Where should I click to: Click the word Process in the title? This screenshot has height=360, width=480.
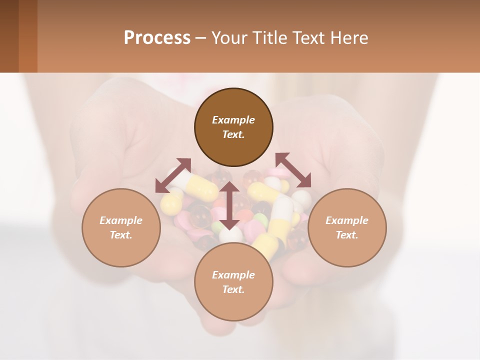pyautogui.click(x=157, y=37)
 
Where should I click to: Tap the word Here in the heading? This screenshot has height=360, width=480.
pyautogui.click(x=347, y=37)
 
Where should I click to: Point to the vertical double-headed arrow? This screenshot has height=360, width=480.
pyautogui.click(x=229, y=205)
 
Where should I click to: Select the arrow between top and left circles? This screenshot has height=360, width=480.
pyautogui.click(x=173, y=175)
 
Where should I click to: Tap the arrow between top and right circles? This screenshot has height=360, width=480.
pyautogui.click(x=293, y=170)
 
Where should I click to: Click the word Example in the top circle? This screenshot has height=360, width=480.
pyautogui.click(x=233, y=120)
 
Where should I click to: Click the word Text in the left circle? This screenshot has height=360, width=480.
pyautogui.click(x=121, y=235)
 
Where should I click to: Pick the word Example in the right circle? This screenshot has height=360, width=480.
pyautogui.click(x=347, y=220)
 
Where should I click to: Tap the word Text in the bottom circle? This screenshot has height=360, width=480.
pyautogui.click(x=233, y=289)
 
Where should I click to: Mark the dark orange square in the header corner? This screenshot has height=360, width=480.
pyautogui.click(x=27, y=36)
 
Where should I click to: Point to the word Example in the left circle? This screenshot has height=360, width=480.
pyautogui.click(x=121, y=220)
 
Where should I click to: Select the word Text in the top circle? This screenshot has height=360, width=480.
pyautogui.click(x=233, y=134)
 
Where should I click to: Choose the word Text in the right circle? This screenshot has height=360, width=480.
pyautogui.click(x=347, y=235)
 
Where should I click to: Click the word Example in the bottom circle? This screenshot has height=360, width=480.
pyautogui.click(x=233, y=275)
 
